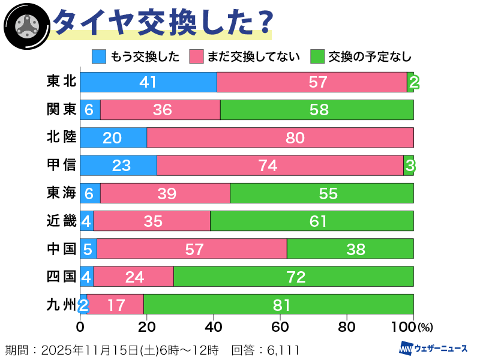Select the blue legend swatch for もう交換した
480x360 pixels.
pyautogui.click(x=99, y=57)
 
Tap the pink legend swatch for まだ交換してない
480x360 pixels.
pyautogui.click(x=197, y=57)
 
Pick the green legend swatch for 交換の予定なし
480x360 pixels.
pyautogui.click(x=318, y=57)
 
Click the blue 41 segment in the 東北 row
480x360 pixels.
pyautogui.click(x=148, y=82)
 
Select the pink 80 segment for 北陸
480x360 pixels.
pyautogui.click(x=280, y=137)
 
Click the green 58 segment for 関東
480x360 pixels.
pyautogui.click(x=317, y=110)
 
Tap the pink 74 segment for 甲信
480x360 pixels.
pyautogui.click(x=280, y=165)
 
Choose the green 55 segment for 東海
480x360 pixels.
pyautogui.click(x=322, y=193)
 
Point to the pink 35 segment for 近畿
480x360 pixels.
pyautogui.click(x=152, y=221)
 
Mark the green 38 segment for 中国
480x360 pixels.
pyautogui.click(x=350, y=248)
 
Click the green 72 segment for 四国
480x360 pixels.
pyautogui.click(x=293, y=277)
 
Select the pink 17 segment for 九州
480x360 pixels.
pyautogui.click(x=115, y=304)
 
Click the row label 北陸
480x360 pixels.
pyautogui.click(x=61, y=137)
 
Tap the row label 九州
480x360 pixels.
pyautogui.click(x=61, y=304)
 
